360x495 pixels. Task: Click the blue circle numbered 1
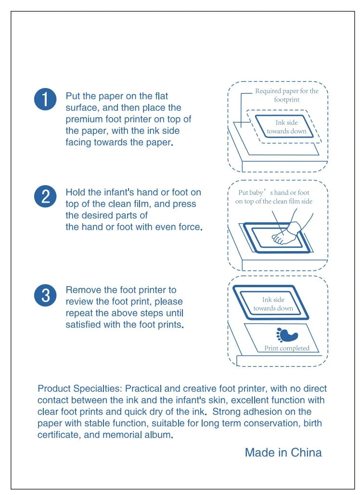(x=45, y=99)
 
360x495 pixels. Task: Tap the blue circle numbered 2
(x=45, y=196)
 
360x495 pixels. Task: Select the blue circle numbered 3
(x=45, y=295)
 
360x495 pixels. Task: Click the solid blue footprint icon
(x=287, y=335)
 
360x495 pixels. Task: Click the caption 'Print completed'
(x=287, y=348)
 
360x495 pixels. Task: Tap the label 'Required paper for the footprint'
(x=287, y=95)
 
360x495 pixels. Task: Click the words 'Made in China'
(x=283, y=452)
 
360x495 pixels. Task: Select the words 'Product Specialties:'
(x=80, y=389)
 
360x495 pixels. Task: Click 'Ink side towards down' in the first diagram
(x=286, y=127)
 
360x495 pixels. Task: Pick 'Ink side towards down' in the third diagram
(x=273, y=304)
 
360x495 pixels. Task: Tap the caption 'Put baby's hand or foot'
(x=274, y=192)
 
